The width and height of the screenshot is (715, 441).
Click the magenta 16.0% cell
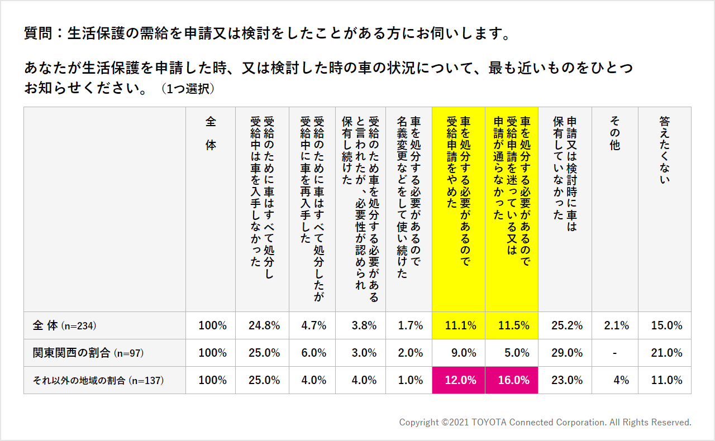512,380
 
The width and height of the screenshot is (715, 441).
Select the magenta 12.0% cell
459,380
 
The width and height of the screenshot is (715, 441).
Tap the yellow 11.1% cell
459,325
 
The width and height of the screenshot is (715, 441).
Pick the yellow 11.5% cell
512,325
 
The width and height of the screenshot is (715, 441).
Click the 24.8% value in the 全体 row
263,325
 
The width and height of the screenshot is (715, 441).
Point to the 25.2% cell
565,325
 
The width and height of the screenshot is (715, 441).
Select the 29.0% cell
565,353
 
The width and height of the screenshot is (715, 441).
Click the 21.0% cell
665,353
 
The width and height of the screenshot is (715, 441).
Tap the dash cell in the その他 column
615,353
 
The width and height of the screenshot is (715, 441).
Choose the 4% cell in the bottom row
619,380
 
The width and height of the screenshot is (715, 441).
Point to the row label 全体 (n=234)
68,325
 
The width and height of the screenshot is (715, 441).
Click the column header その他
615,134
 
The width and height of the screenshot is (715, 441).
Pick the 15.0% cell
665,325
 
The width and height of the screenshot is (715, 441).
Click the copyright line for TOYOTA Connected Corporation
545,423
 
